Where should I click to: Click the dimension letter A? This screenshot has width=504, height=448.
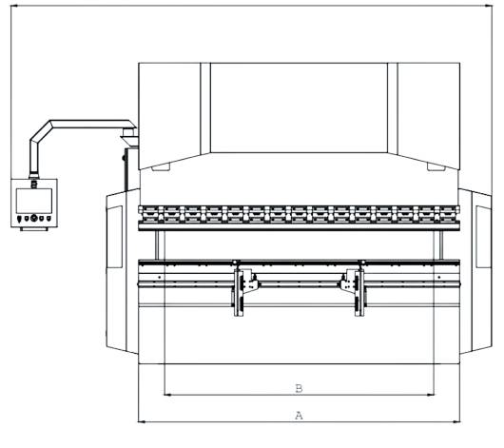[299, 416]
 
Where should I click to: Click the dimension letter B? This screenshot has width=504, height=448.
[299, 388]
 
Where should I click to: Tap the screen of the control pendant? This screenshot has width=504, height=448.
[34, 201]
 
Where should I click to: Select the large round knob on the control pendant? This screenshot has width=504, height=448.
[33, 218]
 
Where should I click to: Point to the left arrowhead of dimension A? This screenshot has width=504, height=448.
[142, 421]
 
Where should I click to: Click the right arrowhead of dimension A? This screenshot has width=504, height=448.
[456, 421]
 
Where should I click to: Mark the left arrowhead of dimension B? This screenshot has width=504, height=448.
[167, 395]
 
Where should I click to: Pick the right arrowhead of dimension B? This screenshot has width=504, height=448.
[431, 395]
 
